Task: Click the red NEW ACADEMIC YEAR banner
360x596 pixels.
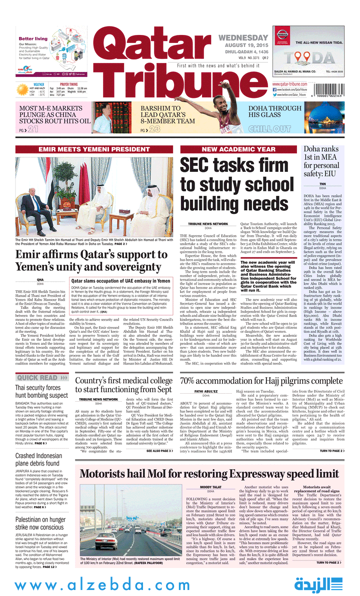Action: pos(238,149)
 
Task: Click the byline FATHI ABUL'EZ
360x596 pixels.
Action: pos(206,392)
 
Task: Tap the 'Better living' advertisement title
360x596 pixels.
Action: pos(33,38)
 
